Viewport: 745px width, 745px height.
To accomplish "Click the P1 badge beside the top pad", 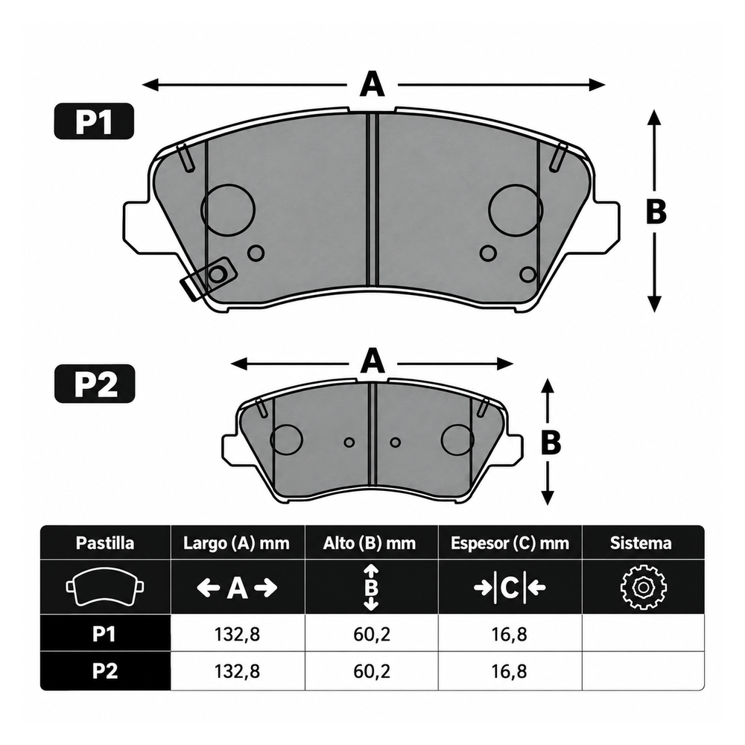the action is click(94, 121).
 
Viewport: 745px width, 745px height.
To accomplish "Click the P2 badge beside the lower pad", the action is click(95, 384).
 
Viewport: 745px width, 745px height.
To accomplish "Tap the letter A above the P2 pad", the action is click(372, 361).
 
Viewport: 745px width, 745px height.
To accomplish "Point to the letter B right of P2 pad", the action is click(551, 442).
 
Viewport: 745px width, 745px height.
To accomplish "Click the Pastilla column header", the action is click(105, 542).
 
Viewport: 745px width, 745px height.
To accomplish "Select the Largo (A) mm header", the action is click(237, 543).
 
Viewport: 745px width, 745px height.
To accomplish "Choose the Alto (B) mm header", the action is click(370, 543).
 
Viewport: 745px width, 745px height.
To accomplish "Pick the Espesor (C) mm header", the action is click(510, 543).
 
